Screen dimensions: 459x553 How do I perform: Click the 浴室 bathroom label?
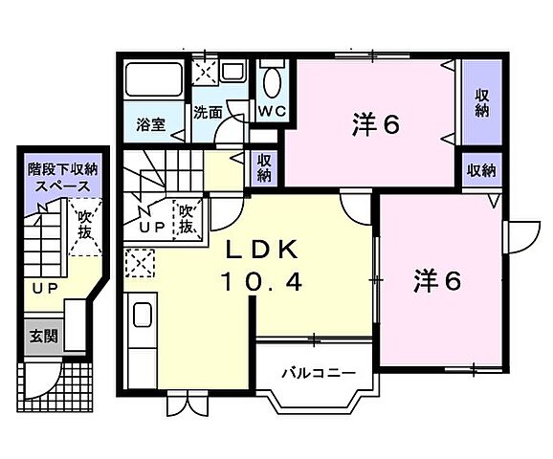(x=150, y=124)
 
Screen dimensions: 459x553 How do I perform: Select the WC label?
(x=272, y=110)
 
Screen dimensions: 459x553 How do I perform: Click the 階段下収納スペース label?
(x=62, y=178)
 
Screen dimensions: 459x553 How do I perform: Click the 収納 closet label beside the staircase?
(x=264, y=167)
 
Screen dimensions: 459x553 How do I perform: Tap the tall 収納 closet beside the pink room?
(x=481, y=103)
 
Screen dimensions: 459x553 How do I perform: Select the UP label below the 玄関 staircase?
(x=41, y=288)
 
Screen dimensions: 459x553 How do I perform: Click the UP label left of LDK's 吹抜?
(x=151, y=227)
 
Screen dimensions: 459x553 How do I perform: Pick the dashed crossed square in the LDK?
(x=139, y=261)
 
